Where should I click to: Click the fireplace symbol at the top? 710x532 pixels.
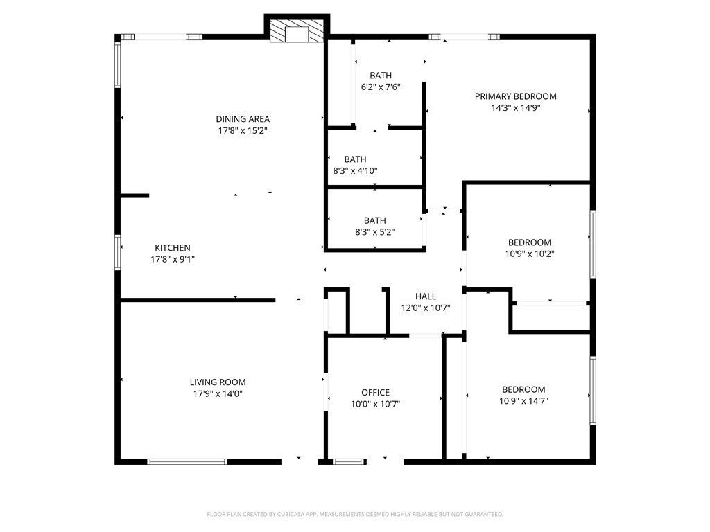click(297, 30)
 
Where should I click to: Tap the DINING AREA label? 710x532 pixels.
click(243, 119)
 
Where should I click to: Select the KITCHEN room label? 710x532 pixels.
click(173, 247)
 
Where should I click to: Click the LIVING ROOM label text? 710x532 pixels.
click(218, 382)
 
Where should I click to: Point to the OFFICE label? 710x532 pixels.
click(375, 392)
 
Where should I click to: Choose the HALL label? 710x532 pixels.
click(426, 296)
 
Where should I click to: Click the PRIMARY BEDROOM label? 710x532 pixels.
click(516, 96)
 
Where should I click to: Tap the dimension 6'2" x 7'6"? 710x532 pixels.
click(381, 87)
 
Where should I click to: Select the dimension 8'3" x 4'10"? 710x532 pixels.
click(356, 171)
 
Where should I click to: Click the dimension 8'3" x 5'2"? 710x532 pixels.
click(375, 232)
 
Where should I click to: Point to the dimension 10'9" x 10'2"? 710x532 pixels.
click(530, 254)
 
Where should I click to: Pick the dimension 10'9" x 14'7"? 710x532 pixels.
click(524, 401)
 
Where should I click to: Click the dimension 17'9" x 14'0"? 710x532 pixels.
click(218, 393)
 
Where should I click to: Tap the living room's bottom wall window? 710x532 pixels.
click(187, 461)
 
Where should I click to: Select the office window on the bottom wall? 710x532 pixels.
click(349, 461)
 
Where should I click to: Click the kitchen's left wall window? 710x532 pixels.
click(118, 252)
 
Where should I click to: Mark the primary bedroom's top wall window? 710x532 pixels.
click(464, 37)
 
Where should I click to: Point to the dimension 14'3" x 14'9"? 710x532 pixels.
click(516, 107)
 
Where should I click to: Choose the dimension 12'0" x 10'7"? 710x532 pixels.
click(426, 308)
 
